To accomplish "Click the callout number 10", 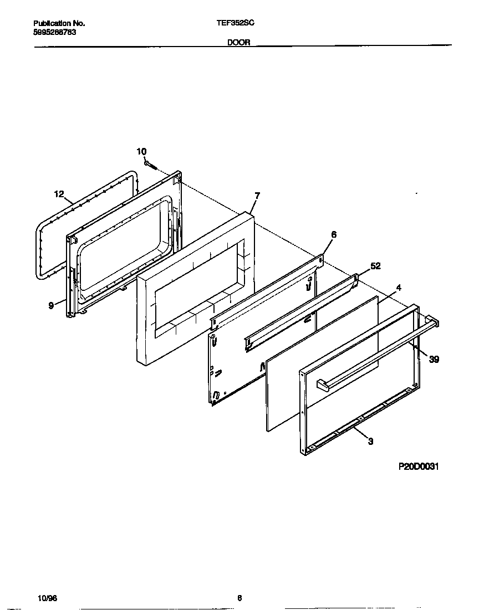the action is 141,151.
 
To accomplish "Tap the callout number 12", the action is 59,194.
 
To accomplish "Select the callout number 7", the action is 257,196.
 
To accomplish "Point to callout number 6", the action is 333,234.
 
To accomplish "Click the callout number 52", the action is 375,266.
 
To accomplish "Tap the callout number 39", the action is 434,360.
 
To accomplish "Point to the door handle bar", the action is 377,353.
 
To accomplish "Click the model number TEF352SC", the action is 239,23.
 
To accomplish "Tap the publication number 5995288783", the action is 54,32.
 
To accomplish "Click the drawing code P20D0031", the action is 419,467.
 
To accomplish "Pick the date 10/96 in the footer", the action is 47,598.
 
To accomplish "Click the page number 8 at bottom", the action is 239,598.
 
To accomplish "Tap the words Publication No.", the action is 59,23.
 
